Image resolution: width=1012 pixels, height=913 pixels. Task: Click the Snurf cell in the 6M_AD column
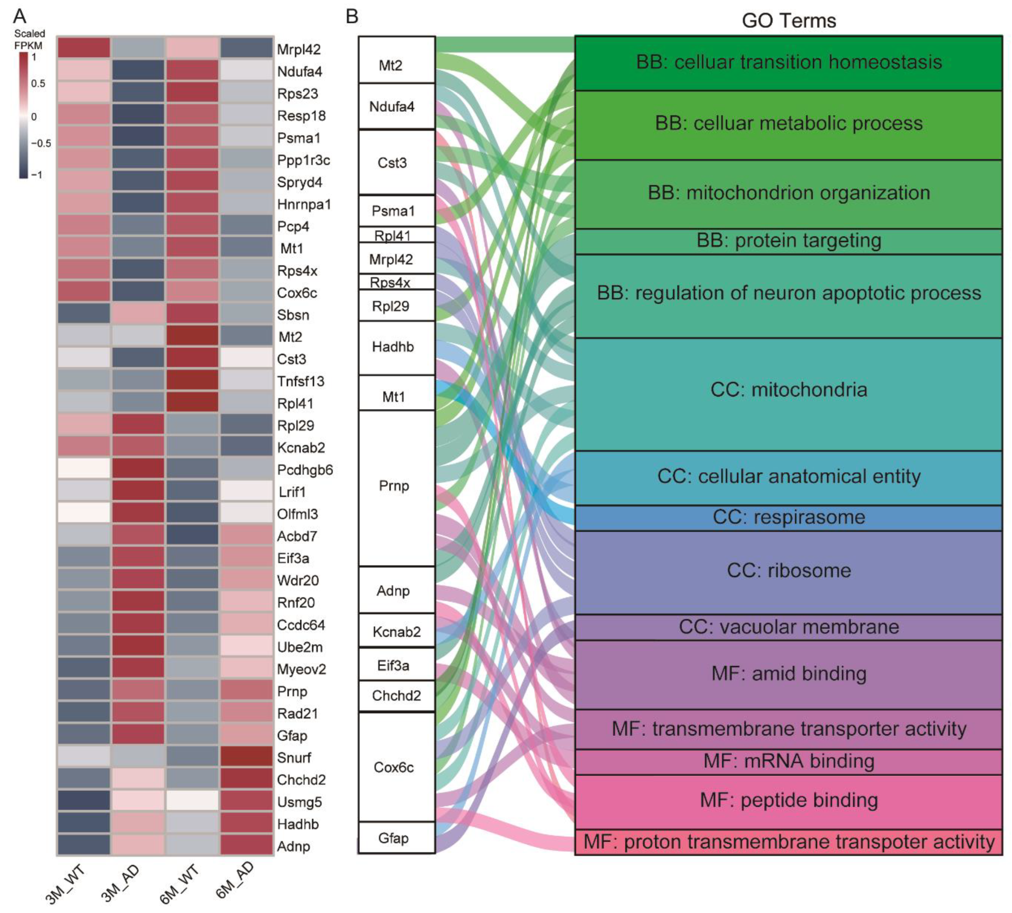[246, 757]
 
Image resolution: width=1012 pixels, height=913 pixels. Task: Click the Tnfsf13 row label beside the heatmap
[300, 381]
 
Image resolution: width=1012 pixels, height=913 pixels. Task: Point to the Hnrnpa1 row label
[303, 204]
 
